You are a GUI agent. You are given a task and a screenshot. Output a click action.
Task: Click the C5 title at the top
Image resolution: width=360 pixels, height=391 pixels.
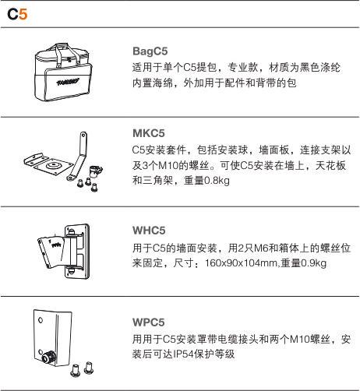point(17,14)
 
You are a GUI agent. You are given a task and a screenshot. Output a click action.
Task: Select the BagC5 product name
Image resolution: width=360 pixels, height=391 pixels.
point(150,51)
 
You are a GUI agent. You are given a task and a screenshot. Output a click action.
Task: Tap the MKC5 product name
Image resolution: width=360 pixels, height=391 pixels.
point(149,133)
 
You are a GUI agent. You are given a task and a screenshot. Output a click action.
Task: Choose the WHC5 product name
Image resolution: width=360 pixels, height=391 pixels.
point(149,231)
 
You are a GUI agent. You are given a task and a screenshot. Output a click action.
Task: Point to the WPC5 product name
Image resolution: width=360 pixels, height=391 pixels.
point(149,322)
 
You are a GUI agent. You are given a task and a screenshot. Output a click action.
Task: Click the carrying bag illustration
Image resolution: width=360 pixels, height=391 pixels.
point(63,72)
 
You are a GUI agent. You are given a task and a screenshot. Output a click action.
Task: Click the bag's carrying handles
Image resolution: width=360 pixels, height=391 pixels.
point(67,54)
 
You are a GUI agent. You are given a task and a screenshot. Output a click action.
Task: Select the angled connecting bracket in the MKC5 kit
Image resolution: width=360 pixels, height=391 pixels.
point(79,157)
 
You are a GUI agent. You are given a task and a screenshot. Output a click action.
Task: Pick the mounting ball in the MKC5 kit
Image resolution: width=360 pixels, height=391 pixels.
point(95,171)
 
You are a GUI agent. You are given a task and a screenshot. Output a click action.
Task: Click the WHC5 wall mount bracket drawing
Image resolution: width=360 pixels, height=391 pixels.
point(64,252)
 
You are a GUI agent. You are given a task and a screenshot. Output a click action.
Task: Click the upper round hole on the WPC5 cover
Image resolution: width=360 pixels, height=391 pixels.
point(41,319)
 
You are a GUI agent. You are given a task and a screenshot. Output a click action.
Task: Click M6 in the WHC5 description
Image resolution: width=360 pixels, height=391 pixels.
point(261,248)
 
